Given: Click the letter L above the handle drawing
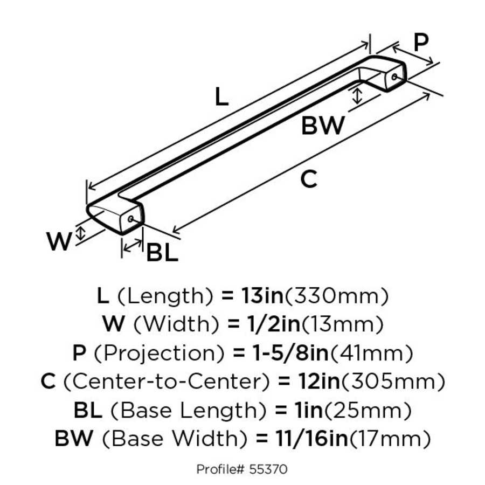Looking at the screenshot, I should [221, 97].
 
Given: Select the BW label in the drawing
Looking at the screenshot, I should [323, 126].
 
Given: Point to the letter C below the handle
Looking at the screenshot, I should [308, 179].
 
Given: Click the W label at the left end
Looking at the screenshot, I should [59, 242].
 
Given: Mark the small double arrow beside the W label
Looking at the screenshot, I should [81, 233].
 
